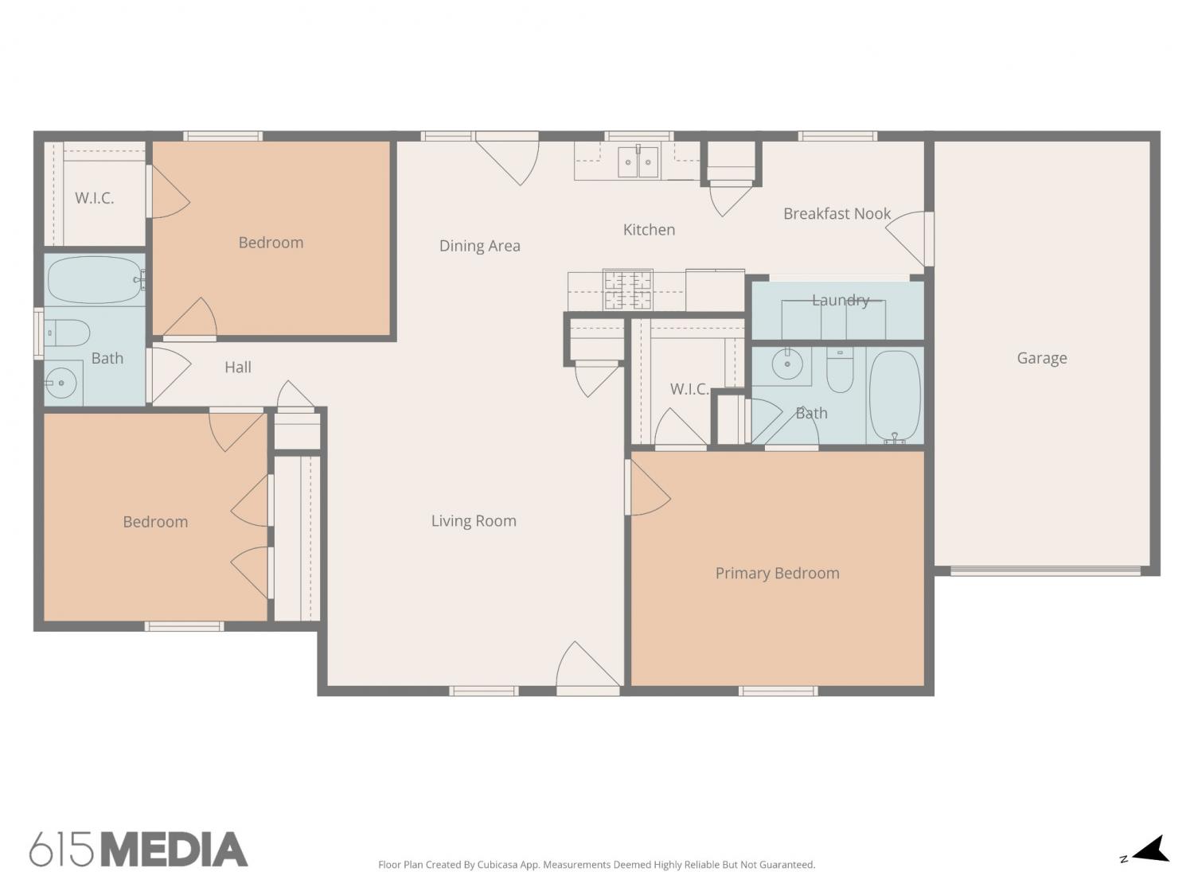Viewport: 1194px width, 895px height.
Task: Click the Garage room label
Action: pyautogui.click(x=1042, y=358)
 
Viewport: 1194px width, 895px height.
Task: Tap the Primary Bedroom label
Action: pyautogui.click(x=778, y=573)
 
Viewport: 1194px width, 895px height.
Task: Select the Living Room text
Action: pyautogui.click(x=474, y=520)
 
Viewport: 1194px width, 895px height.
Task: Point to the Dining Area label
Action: pyautogui.click(x=480, y=246)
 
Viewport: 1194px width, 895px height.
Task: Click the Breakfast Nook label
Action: pyautogui.click(x=837, y=213)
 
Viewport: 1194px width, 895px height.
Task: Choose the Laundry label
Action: pyautogui.click(x=841, y=300)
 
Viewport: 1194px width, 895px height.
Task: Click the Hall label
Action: pyautogui.click(x=238, y=368)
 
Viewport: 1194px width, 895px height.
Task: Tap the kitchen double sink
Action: pyautogui.click(x=638, y=161)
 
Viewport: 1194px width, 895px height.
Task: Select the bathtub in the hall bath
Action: pyautogui.click(x=95, y=280)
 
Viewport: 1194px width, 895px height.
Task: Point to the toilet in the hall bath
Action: pyautogui.click(x=66, y=333)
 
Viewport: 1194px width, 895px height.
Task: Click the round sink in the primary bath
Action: pyautogui.click(x=787, y=364)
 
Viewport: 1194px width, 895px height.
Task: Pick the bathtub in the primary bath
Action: pyautogui.click(x=895, y=395)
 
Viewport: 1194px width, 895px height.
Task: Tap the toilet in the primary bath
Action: pyautogui.click(x=840, y=369)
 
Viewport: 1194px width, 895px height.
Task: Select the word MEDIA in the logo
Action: pyautogui.click(x=174, y=850)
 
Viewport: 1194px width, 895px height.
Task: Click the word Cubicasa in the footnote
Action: pyautogui.click(x=497, y=865)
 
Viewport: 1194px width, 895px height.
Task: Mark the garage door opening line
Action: pyautogui.click(x=1045, y=571)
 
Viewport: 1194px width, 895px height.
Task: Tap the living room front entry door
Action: pyautogui.click(x=588, y=669)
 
